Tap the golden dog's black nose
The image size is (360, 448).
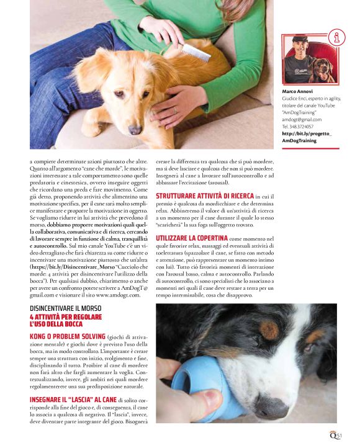coord(134,129)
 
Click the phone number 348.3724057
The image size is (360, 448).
coord(306,127)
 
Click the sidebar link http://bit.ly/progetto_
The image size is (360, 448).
coord(307,133)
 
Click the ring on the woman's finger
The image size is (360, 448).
coord(175,109)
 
